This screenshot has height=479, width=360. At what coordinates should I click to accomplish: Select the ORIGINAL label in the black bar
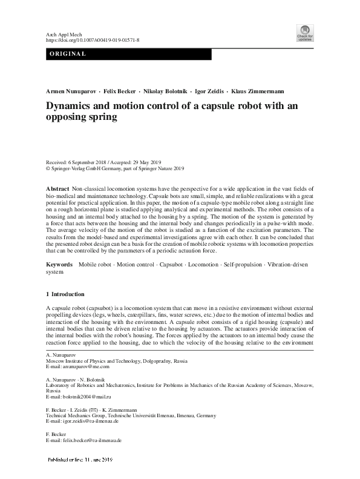[x=68, y=55]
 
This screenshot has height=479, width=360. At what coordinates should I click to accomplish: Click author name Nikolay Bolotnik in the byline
[x=167, y=91]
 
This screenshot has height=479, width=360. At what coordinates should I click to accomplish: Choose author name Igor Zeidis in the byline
[x=209, y=91]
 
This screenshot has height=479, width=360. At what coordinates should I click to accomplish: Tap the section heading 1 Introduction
[x=65, y=294]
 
